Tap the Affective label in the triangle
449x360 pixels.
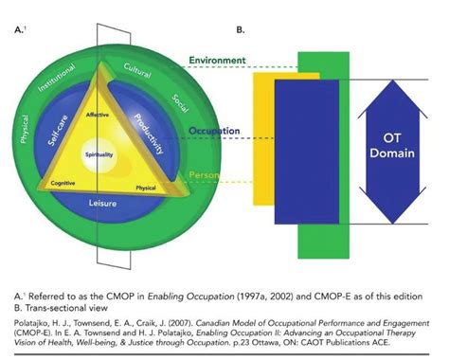point(111,115)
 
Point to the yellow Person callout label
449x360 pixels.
point(224,175)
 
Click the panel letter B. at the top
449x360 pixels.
point(241,29)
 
